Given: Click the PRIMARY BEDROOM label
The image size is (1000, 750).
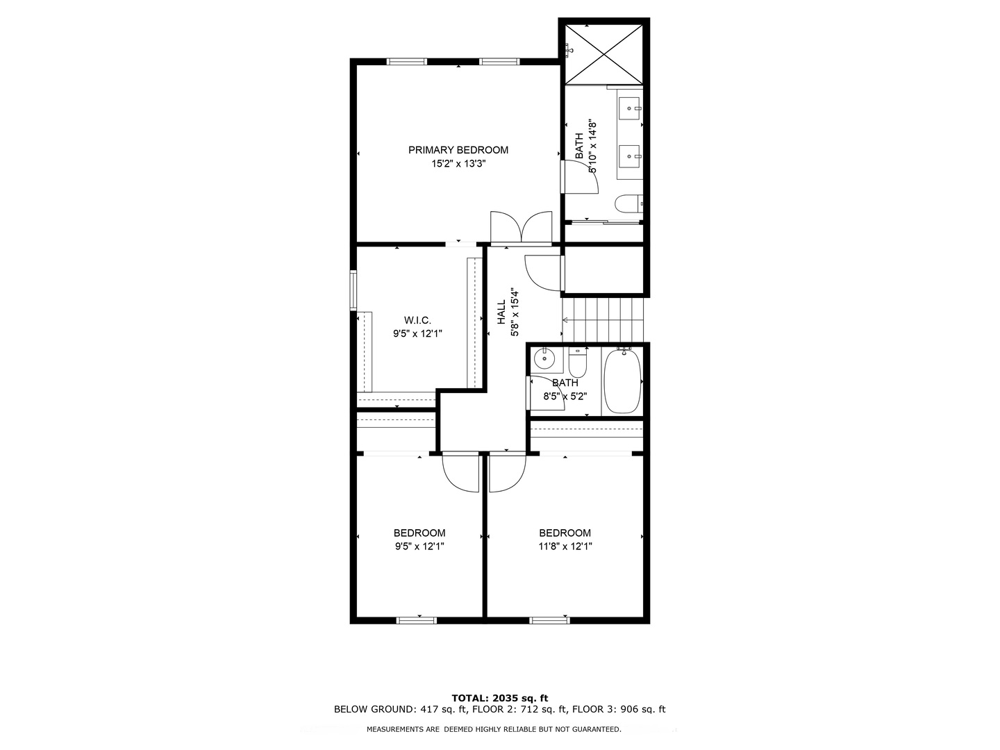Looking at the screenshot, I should [458, 150].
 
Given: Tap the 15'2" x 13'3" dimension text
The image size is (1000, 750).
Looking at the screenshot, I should [458, 165].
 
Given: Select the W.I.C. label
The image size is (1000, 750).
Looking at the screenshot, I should [417, 320].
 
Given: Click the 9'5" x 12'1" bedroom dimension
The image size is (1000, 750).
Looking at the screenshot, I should [419, 547].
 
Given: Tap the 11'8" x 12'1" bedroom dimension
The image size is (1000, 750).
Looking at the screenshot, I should [565, 547].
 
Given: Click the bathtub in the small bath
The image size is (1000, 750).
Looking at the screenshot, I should [622, 381].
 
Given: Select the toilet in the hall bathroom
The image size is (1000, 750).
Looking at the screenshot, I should [578, 362].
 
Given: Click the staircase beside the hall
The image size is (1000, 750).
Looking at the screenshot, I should [603, 319].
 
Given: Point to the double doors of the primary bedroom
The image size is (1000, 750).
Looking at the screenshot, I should [521, 228].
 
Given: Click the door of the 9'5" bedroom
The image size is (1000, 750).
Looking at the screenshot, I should [460, 472].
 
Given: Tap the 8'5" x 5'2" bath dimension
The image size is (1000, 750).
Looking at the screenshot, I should [565, 397].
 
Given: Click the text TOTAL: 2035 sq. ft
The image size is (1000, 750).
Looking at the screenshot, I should [499, 698].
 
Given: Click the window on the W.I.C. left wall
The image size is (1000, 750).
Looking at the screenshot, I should [353, 290].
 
